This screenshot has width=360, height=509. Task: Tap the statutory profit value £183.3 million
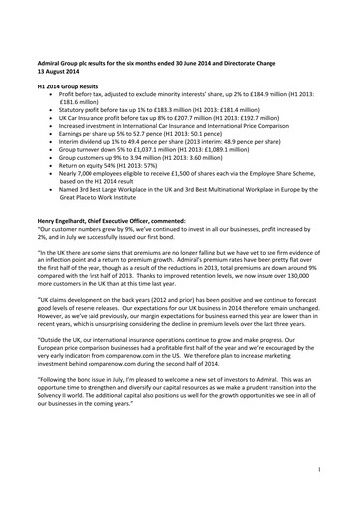pos(173,114)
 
